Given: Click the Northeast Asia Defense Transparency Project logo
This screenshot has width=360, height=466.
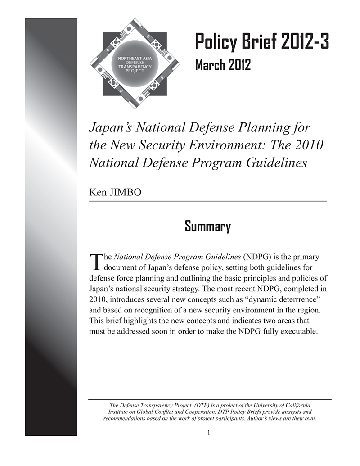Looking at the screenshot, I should pos(135,63).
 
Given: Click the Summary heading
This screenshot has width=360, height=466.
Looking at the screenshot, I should pos(207,226).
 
